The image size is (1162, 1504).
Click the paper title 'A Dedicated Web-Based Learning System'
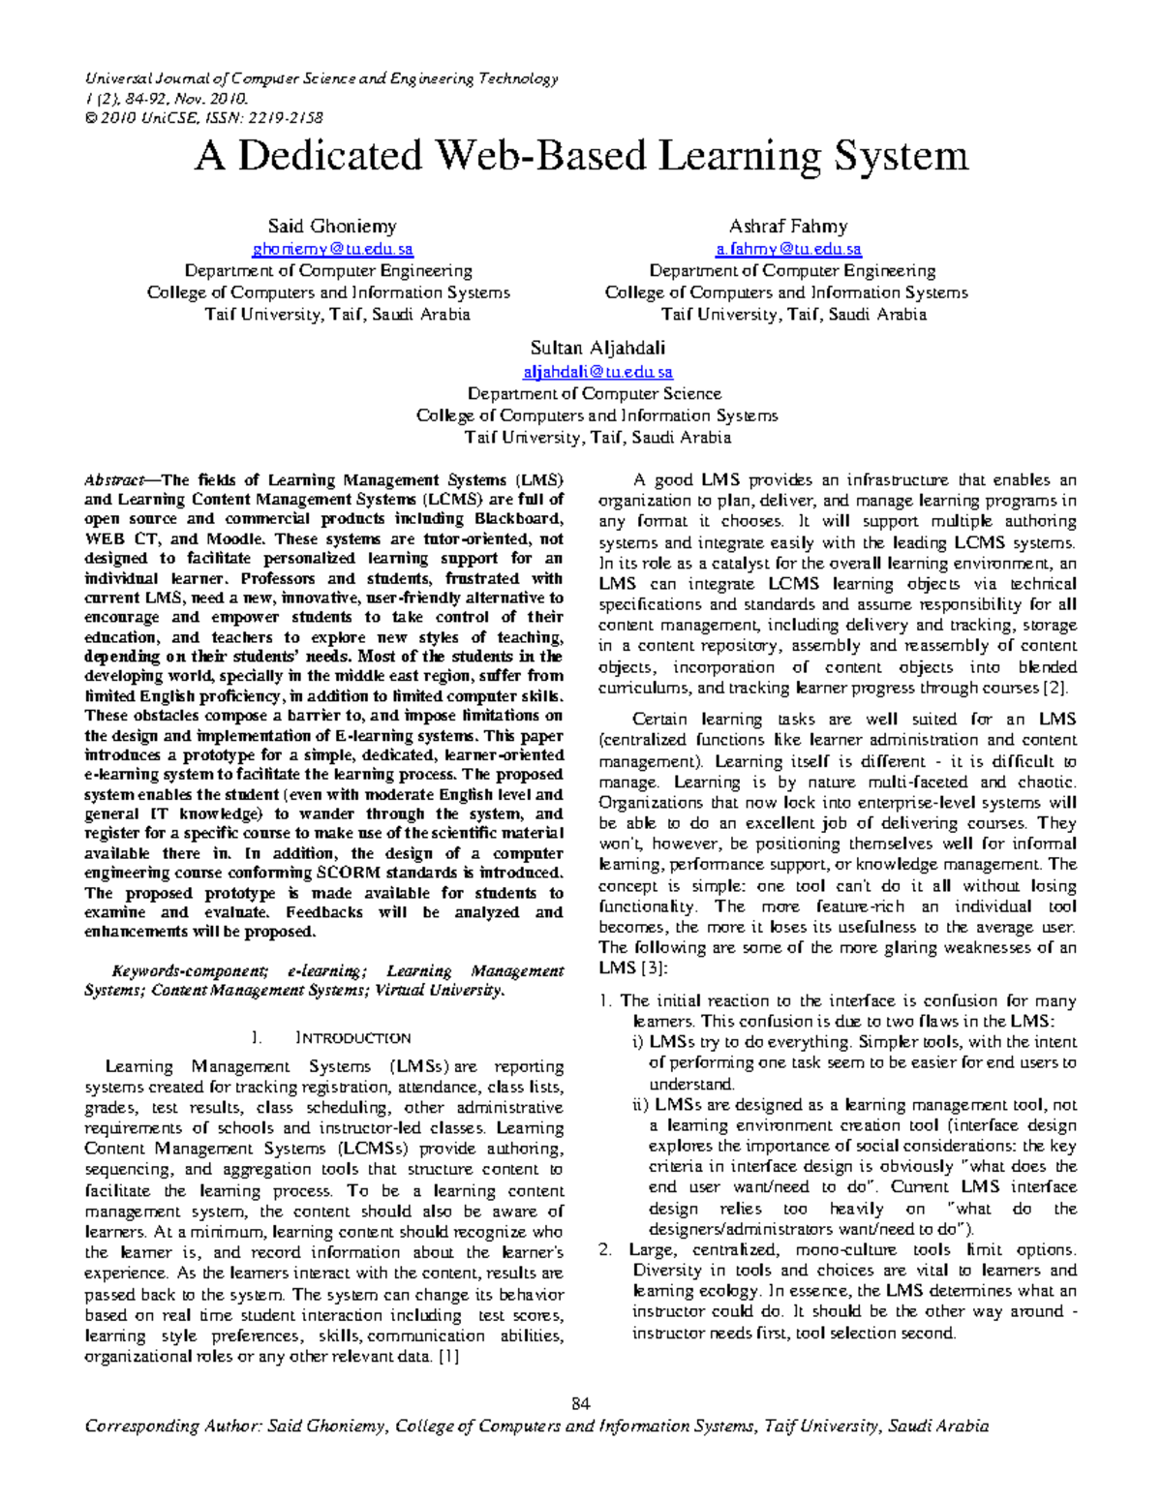581,156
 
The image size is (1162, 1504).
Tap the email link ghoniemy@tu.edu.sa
332,250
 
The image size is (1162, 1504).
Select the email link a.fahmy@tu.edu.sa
787,250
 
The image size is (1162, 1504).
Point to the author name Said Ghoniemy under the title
332,227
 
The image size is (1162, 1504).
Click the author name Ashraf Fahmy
787,227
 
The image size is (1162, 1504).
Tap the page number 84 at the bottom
581,1403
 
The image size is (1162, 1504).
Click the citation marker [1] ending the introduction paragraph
448,1357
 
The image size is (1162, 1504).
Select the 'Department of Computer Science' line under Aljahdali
595,394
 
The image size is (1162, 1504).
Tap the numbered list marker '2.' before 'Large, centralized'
605,1250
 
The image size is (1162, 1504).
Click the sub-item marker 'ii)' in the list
640,1105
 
